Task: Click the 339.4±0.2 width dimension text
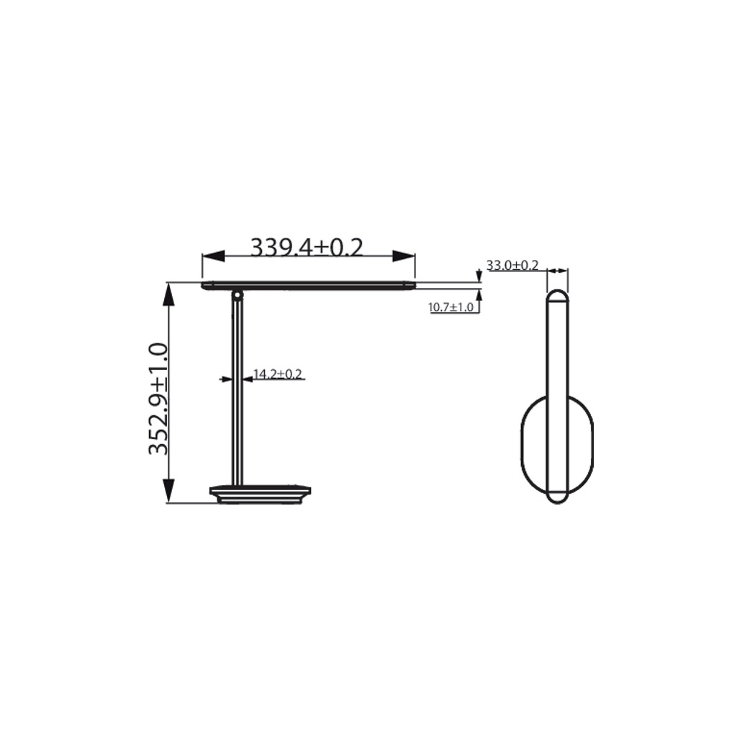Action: pyautogui.click(x=307, y=247)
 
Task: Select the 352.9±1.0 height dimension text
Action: pyautogui.click(x=158, y=399)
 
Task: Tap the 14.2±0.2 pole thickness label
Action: pyautogui.click(x=278, y=374)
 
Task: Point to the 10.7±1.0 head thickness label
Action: pyautogui.click(x=451, y=307)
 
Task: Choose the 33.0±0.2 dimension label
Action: pyautogui.click(x=512, y=266)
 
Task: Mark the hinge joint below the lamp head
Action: pyautogui.click(x=237, y=294)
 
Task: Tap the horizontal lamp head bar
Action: pyautogui.click(x=309, y=286)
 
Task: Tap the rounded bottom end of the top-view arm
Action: pyautogui.click(x=557, y=497)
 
